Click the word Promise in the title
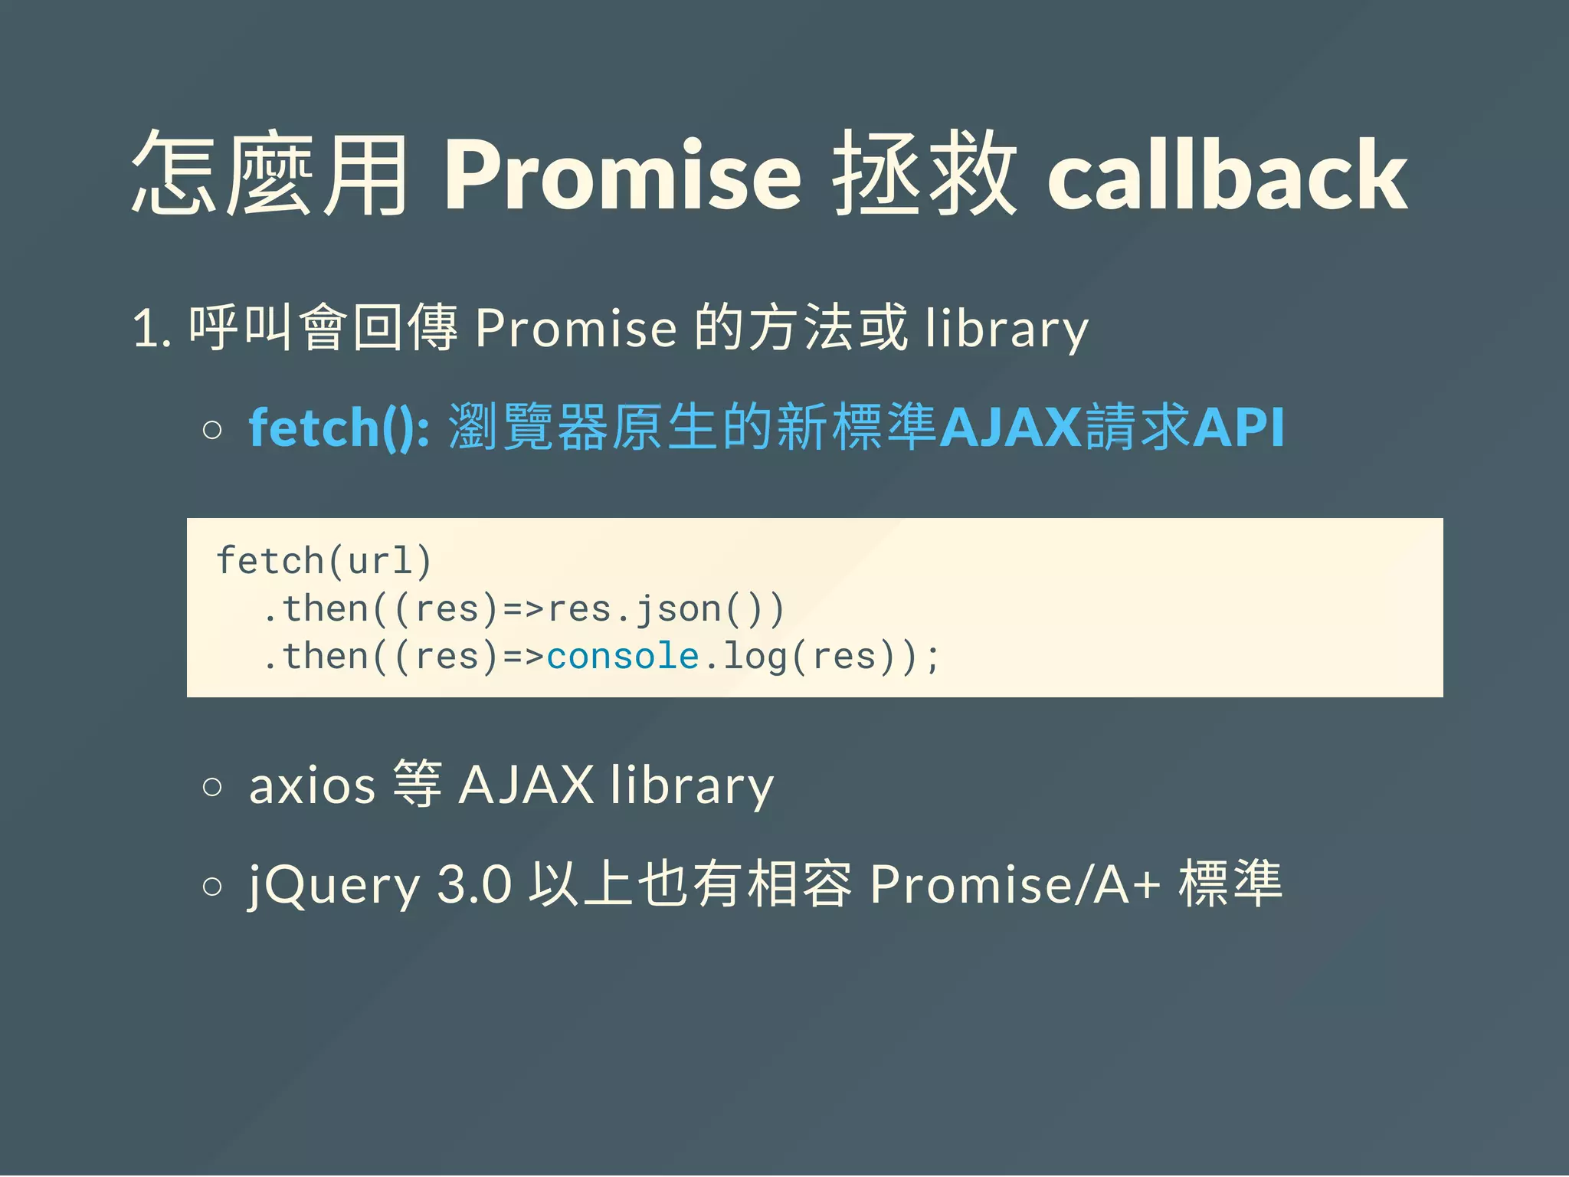coord(622,175)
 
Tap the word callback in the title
coord(1227,175)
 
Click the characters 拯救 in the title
coord(925,175)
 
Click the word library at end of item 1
coord(1006,329)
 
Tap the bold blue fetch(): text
coord(339,427)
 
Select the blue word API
coord(1238,427)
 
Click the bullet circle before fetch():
coord(213,430)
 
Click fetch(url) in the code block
coord(324,561)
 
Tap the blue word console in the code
coord(623,657)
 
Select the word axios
coord(312,785)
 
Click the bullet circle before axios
coord(213,787)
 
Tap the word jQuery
coord(334,886)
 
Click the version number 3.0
coord(473,884)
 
